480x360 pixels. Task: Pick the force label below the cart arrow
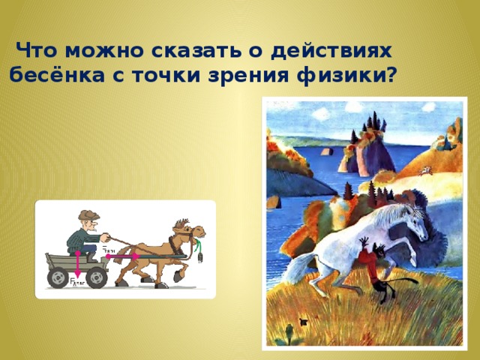[76, 283]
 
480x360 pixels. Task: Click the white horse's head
[409, 217]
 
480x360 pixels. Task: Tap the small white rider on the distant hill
[425, 171]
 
